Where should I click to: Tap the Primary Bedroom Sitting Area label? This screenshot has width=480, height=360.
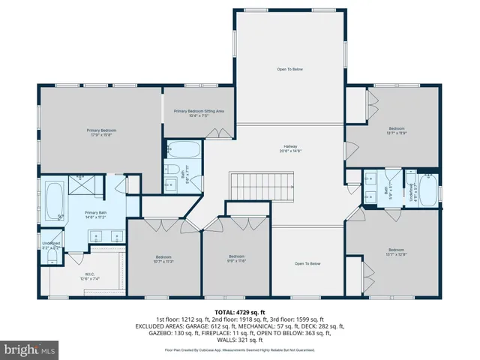point(199,113)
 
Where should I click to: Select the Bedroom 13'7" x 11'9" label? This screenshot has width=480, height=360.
point(396,130)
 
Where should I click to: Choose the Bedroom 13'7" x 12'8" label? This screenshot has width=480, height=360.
point(396,252)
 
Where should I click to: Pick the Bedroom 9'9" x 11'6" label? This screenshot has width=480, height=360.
point(236,259)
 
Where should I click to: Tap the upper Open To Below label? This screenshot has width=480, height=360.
point(289,70)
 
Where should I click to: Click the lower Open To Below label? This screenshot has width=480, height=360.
point(307,263)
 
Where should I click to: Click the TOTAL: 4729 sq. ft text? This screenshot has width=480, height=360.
point(240,311)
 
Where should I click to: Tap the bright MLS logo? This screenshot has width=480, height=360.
point(30,350)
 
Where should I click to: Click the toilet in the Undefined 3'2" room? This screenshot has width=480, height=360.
point(50,256)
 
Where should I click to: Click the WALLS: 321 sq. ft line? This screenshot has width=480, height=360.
point(240,340)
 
